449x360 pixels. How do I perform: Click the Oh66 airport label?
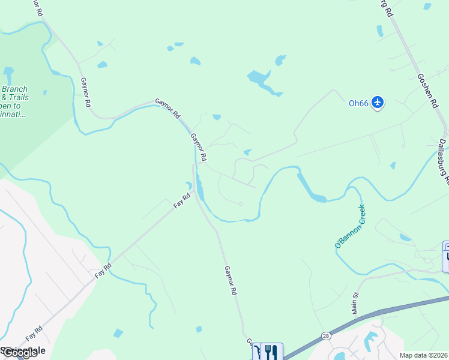[x=358, y=103]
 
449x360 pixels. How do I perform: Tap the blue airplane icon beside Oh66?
[x=378, y=103]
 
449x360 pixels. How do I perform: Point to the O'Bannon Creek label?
[x=350, y=226]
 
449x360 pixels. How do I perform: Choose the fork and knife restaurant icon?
[x=273, y=352]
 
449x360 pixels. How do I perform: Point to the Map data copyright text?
[x=423, y=355]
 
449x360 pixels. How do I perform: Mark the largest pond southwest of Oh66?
[x=261, y=80]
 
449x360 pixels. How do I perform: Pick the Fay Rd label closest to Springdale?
[x=34, y=333]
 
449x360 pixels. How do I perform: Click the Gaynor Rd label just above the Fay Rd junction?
[x=199, y=147]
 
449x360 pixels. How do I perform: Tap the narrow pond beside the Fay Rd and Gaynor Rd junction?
[x=199, y=192]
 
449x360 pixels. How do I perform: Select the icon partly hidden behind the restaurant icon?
[x=258, y=352]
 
